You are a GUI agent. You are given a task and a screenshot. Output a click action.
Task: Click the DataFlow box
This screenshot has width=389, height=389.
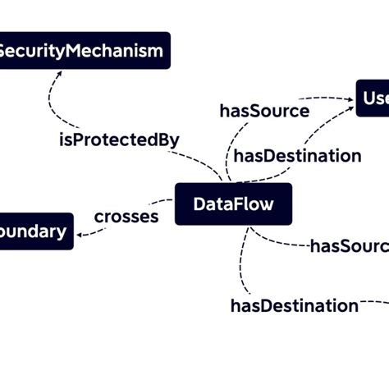point(233,204)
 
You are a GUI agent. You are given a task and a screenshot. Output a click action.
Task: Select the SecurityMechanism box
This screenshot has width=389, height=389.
point(82,51)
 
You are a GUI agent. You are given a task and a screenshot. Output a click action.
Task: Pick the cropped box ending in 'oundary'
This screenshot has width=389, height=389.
point(35,231)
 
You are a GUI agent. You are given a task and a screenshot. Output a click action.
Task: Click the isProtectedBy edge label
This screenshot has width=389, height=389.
point(119,140)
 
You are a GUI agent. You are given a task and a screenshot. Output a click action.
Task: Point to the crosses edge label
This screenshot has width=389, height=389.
point(126,217)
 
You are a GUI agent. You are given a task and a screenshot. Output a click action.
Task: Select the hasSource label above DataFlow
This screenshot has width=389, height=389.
point(264,111)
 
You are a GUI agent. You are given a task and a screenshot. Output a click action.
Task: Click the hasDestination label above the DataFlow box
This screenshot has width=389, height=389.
point(297,156)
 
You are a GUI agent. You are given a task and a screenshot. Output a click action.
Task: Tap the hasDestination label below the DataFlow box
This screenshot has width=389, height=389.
point(294,306)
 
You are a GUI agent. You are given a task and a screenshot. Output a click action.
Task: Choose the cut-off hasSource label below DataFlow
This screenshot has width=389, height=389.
point(349,246)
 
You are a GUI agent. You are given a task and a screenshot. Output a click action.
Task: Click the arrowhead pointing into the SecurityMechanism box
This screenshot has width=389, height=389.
point(57,73)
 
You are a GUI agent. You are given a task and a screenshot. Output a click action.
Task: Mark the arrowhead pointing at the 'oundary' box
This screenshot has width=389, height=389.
point(80,235)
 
